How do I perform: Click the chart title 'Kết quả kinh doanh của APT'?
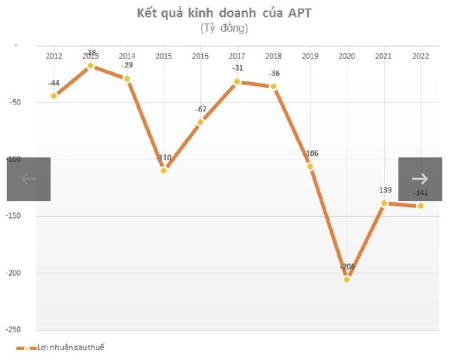pos(224,13)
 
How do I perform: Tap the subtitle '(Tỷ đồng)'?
pos(224,28)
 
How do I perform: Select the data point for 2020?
pos(347,279)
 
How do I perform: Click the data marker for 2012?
pos(54,95)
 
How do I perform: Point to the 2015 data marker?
pos(163,170)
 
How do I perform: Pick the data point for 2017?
pos(237,81)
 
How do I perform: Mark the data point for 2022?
pos(420,206)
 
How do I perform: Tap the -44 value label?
pos(54,83)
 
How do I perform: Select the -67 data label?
pos(200,109)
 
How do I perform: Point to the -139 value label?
pos(384,191)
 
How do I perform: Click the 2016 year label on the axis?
pos(200,56)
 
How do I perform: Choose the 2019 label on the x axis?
pos(310,56)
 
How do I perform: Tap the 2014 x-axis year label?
pos(127,56)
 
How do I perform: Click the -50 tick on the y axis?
pos(16,102)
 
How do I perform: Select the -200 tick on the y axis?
pos(14,273)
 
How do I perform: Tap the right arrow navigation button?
pos(420,179)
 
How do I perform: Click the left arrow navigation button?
pos(29,179)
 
